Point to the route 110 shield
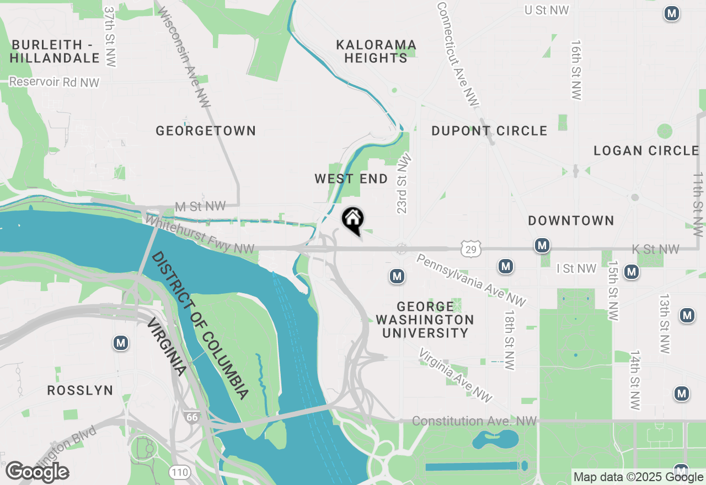[180, 472]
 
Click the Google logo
[37, 472]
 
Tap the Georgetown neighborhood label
[206, 131]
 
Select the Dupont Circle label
[489, 131]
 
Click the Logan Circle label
[646, 150]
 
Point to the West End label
[351, 179]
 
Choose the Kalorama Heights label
[376, 51]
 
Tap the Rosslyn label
[80, 390]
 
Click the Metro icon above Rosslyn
[121, 343]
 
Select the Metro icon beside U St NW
[671, 14]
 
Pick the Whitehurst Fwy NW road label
[199, 235]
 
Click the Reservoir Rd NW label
[54, 83]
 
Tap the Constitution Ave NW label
[474, 421]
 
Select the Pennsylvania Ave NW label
[470, 280]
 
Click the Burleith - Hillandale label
[54, 51]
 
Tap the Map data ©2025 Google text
[638, 477]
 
